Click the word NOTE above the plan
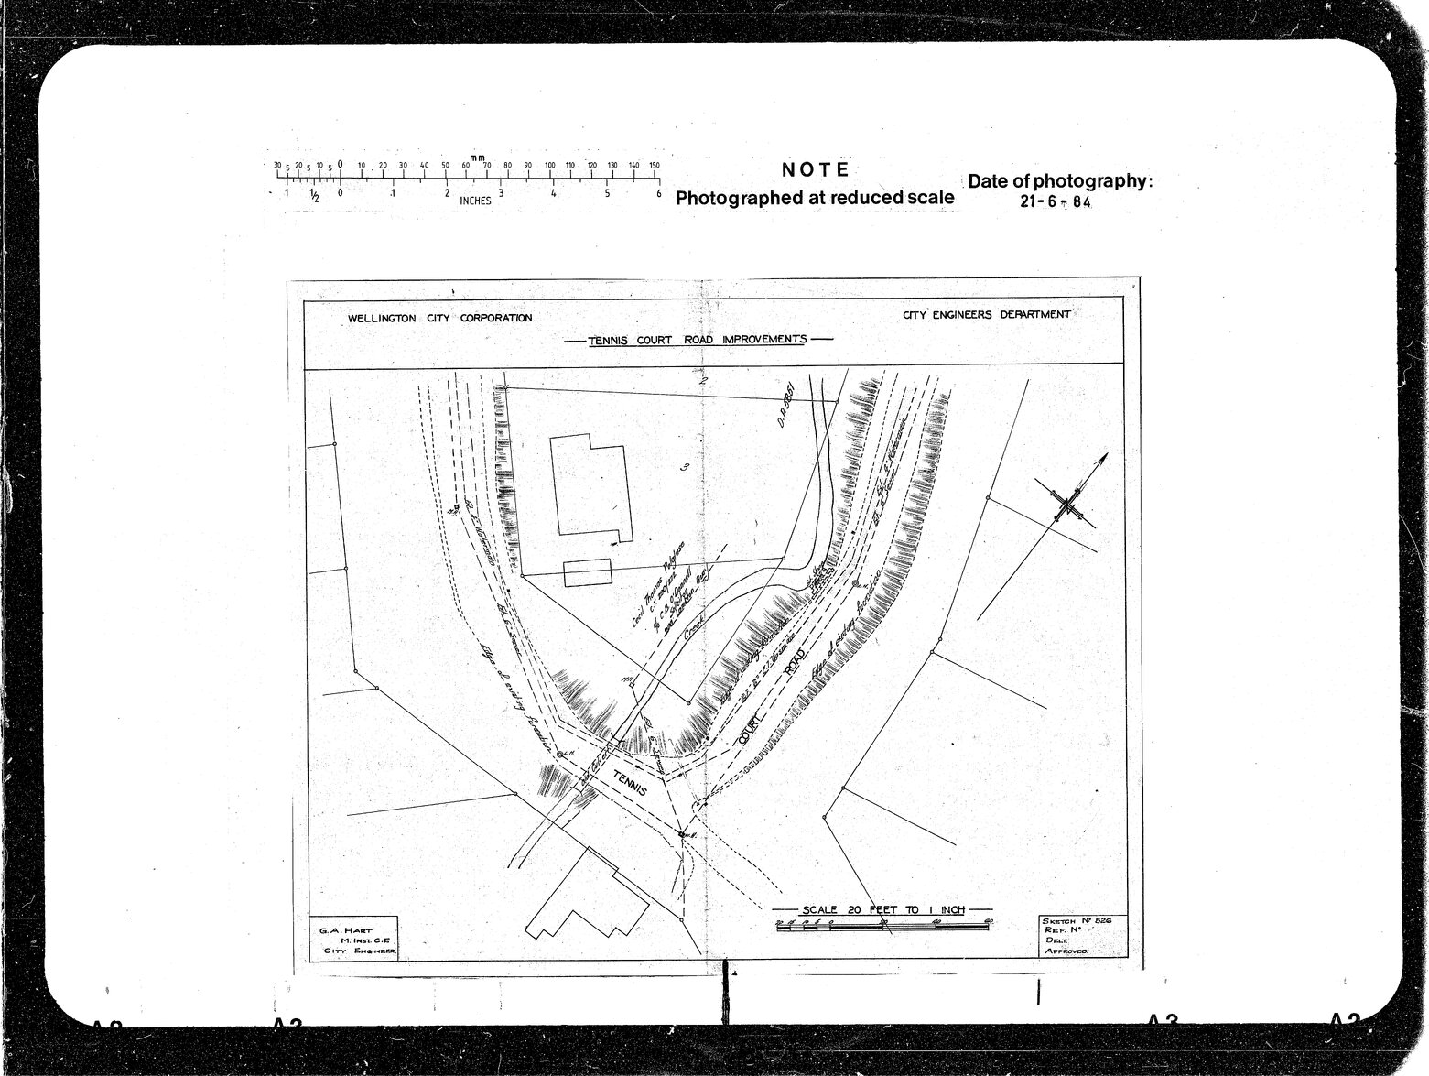(x=816, y=169)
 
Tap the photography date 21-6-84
(x=1056, y=202)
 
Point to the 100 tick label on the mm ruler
(x=549, y=166)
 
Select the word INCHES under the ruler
(x=475, y=201)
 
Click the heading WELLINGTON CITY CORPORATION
(x=439, y=319)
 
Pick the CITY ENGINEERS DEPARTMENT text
(x=986, y=314)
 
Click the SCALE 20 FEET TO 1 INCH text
(x=882, y=909)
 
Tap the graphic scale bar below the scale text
(x=882, y=927)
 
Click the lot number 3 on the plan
(x=684, y=467)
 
